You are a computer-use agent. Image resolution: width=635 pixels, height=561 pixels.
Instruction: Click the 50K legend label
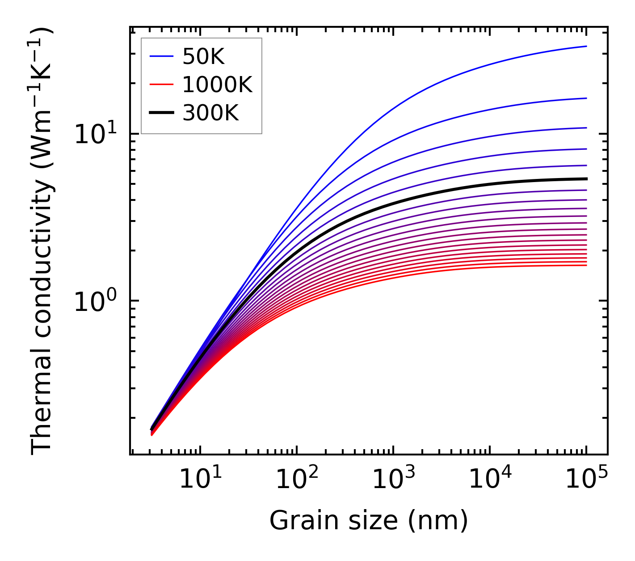(203, 56)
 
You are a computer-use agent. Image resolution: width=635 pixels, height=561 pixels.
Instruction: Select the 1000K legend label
(218, 85)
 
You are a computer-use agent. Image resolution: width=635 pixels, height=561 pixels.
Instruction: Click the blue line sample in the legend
(161, 56)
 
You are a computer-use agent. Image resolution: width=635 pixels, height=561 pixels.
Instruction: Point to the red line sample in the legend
(161, 85)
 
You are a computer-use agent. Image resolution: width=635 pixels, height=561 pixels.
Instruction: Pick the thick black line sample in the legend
(161, 113)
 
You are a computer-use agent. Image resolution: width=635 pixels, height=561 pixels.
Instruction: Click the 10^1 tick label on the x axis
(200, 480)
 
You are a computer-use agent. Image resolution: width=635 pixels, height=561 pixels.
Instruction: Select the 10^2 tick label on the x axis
(296, 480)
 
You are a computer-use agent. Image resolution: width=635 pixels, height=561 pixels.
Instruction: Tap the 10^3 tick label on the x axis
(393, 480)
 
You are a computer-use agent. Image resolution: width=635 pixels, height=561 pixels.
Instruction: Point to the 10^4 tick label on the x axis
(489, 480)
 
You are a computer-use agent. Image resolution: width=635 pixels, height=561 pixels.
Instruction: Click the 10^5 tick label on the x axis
(586, 480)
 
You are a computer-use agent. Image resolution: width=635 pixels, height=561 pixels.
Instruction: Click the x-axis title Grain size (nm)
(369, 521)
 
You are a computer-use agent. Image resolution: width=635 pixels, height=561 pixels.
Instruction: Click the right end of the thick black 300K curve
(586, 179)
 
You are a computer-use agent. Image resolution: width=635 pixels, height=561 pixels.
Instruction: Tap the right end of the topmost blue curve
(586, 46)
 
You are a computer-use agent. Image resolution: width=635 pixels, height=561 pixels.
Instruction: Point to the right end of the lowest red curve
(586, 265)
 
